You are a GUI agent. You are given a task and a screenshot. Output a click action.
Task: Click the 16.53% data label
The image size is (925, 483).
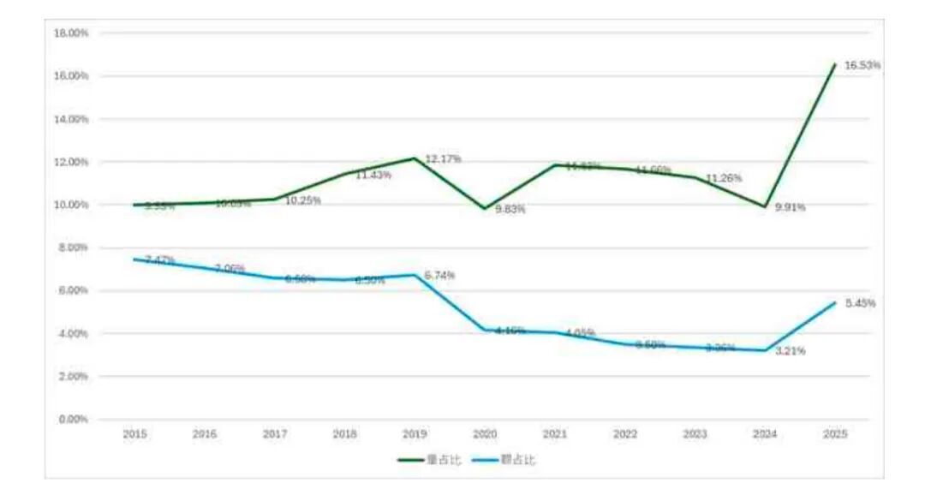pos(862,65)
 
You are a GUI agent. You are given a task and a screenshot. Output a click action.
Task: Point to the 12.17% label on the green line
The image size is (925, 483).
pos(443,159)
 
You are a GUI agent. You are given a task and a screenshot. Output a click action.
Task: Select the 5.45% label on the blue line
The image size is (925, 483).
pos(860,303)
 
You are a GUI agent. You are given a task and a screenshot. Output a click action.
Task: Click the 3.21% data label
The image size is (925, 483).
pos(790,350)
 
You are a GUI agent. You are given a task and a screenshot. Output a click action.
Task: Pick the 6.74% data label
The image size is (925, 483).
pos(439,275)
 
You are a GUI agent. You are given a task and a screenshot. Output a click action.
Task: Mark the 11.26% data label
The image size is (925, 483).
pos(724,178)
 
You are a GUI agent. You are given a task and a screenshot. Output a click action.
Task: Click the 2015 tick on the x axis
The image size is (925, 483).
pos(134,435)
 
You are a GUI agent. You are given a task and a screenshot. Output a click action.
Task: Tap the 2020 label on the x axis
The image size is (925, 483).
pos(485,435)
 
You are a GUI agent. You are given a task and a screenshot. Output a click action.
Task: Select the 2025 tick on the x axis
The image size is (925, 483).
pos(835,435)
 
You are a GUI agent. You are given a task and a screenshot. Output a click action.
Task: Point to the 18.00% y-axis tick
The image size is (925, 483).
pos(72,33)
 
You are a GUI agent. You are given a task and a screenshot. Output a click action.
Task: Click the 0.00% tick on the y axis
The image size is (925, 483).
pos(74,419)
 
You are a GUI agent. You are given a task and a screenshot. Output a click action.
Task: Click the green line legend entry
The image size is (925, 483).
pos(430,460)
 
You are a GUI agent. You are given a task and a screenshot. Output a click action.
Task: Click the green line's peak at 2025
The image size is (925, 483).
pos(835,64)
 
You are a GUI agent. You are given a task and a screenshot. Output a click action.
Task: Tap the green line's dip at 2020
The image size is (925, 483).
pos(485,208)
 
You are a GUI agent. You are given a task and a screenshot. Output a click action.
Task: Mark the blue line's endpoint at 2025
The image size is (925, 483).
pos(835,302)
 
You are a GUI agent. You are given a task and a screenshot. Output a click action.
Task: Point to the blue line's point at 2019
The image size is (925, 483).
pos(415,275)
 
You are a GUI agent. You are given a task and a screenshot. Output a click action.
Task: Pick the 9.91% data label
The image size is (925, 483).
pos(790,207)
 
